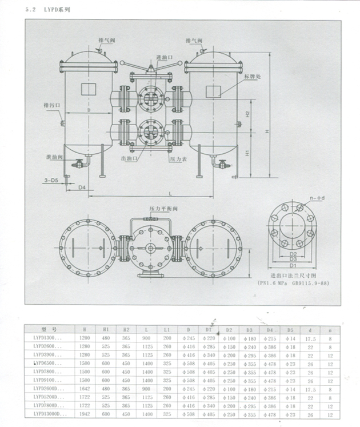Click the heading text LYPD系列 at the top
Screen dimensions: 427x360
pyautogui.click(x=59, y=10)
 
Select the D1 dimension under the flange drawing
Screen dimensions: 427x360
pyautogui.click(x=293, y=265)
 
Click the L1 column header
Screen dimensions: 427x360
pyautogui.click(x=166, y=329)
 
